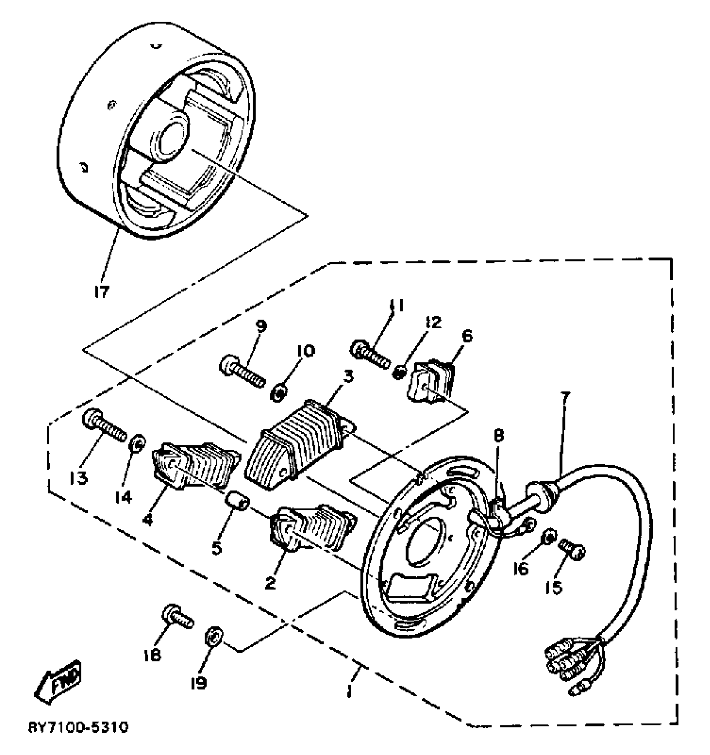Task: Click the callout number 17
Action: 101,291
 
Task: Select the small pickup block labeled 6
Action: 432,381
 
